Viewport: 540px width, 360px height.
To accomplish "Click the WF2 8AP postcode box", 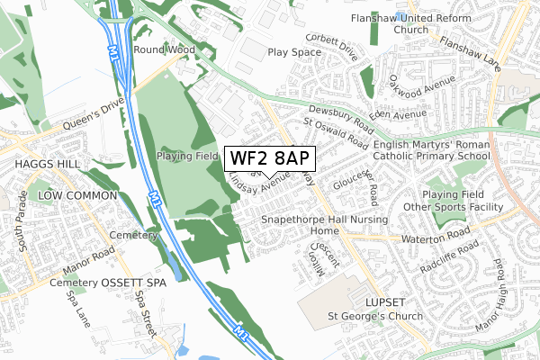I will [270, 158].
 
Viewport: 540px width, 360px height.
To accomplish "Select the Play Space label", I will [293, 52].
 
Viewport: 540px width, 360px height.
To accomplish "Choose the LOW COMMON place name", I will [77, 195].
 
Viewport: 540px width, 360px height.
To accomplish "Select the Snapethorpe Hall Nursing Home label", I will [324, 225].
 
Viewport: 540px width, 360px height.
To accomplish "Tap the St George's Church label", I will [371, 316].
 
